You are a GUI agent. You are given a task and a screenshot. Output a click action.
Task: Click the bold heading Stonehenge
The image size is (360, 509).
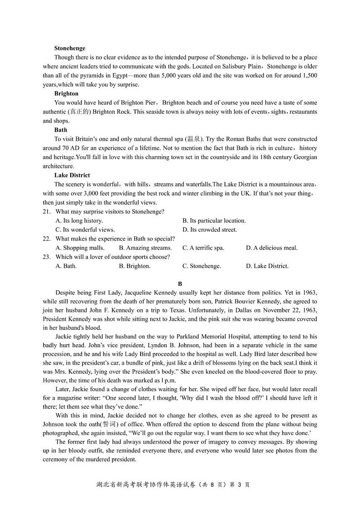(x=69, y=48)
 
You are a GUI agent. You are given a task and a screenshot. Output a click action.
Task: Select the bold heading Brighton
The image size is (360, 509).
(x=66, y=93)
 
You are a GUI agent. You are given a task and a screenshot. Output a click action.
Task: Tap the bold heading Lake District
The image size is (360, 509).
(x=72, y=175)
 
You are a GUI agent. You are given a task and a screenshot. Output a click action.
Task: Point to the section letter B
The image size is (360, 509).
(x=180, y=284)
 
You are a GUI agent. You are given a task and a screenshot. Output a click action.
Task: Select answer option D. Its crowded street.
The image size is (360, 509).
(x=209, y=230)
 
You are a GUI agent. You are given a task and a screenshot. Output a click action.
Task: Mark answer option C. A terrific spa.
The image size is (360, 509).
(x=203, y=248)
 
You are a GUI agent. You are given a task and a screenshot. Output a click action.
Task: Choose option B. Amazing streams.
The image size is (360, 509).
(x=145, y=248)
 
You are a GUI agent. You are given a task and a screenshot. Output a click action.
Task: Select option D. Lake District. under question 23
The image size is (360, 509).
(x=267, y=266)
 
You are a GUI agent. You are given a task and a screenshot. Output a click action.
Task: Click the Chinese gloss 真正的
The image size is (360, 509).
(x=80, y=112)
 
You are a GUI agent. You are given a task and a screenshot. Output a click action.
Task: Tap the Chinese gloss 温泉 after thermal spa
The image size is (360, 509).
(x=195, y=139)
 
